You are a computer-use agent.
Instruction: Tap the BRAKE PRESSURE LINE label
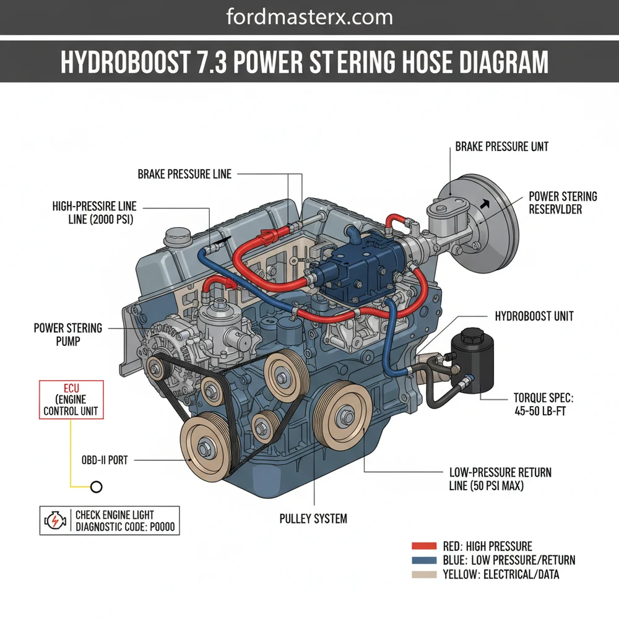184,175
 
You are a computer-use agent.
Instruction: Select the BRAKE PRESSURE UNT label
501,147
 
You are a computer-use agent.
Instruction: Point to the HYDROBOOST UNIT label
534,316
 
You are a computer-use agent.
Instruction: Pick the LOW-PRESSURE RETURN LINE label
500,479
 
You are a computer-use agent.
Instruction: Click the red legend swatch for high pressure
424,547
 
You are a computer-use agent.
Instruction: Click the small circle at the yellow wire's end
96,487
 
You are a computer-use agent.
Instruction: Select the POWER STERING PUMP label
67,334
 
